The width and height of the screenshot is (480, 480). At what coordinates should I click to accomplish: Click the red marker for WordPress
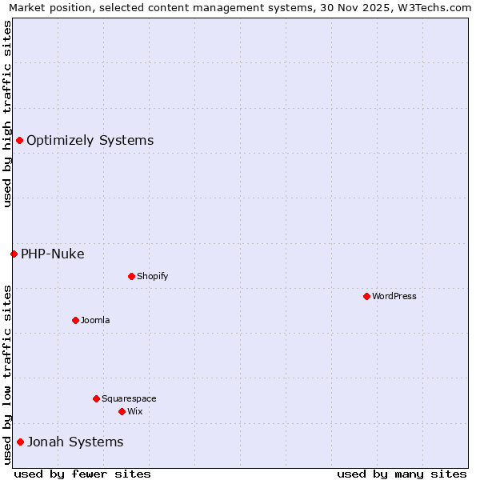click(x=366, y=296)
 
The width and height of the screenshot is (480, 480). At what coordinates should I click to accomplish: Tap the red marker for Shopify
click(x=131, y=276)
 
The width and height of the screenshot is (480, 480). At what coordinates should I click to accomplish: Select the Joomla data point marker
click(x=75, y=320)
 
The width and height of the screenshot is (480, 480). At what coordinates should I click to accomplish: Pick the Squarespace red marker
click(x=96, y=398)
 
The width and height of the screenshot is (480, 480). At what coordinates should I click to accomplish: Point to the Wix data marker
click(x=122, y=411)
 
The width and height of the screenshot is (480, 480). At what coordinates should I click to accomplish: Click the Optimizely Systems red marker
click(x=19, y=141)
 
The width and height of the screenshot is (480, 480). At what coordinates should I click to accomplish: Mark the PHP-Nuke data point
click(x=14, y=254)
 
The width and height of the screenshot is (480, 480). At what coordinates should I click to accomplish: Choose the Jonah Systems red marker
click(x=20, y=442)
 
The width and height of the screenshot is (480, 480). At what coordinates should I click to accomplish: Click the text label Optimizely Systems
click(x=90, y=141)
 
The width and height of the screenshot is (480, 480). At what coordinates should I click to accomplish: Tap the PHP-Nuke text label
click(x=52, y=254)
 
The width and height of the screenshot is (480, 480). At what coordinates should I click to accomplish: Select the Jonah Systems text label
click(x=75, y=442)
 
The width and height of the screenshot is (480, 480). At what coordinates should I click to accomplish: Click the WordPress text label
click(x=394, y=296)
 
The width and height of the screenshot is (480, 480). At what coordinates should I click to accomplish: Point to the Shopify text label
click(x=152, y=276)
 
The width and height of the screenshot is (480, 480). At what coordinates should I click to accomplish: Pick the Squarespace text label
click(x=129, y=398)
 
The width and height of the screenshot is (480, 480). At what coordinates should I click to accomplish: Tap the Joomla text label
click(x=95, y=320)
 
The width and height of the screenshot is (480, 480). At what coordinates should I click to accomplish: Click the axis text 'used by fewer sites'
click(x=82, y=474)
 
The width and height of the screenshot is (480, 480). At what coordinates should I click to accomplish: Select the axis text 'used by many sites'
click(x=402, y=474)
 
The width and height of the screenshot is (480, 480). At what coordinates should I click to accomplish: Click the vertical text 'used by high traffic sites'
click(x=7, y=114)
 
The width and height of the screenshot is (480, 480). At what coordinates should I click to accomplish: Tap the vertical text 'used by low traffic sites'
click(x=7, y=374)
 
